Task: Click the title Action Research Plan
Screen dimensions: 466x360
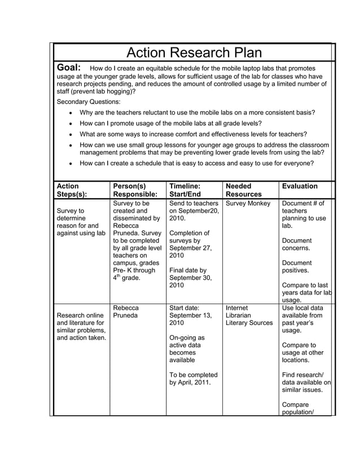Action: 194,53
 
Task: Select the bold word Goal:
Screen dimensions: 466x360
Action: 70,68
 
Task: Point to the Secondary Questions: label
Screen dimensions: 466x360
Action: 89,102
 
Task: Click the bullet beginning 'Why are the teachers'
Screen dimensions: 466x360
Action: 197,113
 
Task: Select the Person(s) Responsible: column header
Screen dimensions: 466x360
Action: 135,191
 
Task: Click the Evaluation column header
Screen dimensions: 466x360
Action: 300,186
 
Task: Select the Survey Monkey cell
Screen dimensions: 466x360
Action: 248,203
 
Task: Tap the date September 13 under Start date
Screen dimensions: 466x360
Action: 191,316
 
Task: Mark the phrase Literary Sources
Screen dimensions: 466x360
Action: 249,323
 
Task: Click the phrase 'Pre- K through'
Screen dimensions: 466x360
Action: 134,270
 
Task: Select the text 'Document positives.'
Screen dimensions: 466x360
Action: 297,266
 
